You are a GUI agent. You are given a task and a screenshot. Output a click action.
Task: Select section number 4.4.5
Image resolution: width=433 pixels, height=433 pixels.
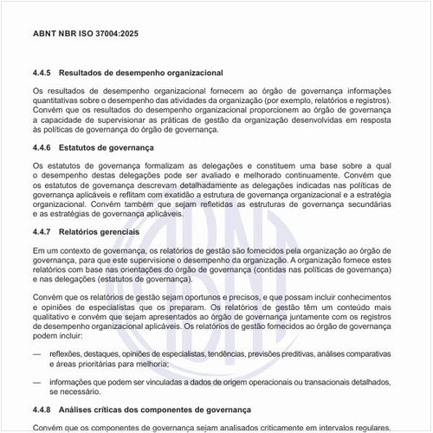[43, 72]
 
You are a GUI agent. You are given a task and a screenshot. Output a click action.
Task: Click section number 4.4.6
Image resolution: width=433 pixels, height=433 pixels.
[43, 148]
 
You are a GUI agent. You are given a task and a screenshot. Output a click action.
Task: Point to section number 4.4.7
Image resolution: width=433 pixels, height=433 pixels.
[43, 233]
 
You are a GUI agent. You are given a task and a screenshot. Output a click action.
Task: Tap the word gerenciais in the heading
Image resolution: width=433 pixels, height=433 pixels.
[124, 233]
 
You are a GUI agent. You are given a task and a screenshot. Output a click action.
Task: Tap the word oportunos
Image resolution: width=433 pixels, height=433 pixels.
[195, 299]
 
